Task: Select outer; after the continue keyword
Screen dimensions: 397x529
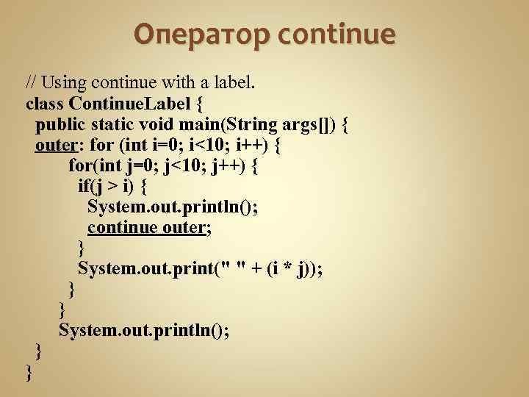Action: point(184,227)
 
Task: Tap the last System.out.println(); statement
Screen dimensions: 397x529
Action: point(143,330)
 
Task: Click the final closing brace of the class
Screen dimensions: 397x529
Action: point(29,373)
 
